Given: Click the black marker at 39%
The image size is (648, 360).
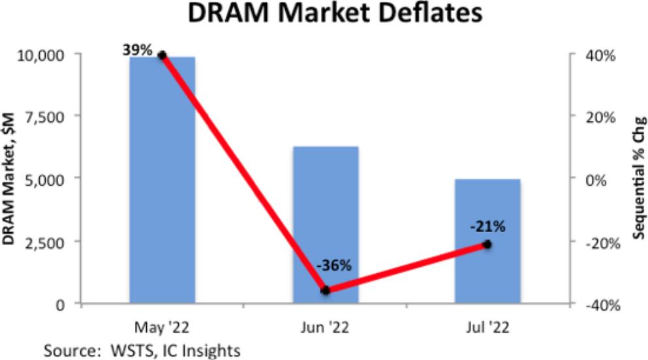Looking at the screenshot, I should [x=162, y=55].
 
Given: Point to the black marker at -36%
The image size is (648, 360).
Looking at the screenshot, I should [x=326, y=290].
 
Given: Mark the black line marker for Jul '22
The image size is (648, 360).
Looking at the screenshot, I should [x=487, y=244].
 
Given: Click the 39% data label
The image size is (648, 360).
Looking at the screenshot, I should [x=137, y=49].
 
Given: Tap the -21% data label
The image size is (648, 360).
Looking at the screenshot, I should [x=487, y=226].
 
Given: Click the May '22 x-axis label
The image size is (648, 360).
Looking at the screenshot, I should [x=162, y=324].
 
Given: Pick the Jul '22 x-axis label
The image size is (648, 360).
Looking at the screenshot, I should [x=487, y=324].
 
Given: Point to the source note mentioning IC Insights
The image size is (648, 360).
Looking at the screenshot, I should [x=142, y=350].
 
